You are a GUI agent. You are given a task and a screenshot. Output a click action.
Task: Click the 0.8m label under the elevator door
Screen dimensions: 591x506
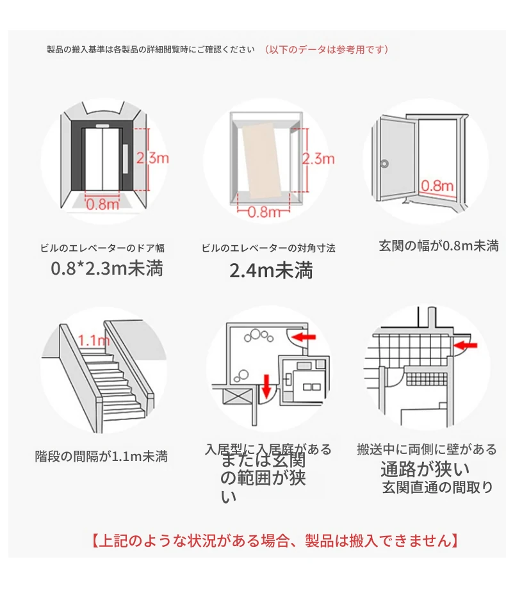tap(102, 204)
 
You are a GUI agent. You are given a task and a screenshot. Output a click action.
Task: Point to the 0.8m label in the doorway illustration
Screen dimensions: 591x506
tap(437, 186)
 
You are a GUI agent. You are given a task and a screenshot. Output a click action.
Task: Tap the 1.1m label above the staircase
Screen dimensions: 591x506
tap(94, 340)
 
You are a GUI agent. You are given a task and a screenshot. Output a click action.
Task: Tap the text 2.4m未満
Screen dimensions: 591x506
tap(271, 271)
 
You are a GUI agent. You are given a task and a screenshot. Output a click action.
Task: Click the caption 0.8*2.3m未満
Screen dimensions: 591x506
tap(107, 268)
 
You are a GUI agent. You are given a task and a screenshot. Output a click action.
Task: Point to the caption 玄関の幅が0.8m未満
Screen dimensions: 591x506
tap(438, 245)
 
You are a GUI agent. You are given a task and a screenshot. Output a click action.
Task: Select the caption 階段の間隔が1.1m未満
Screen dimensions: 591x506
tap(101, 457)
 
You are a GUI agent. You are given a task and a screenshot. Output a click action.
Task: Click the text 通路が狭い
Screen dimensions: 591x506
tap(425, 469)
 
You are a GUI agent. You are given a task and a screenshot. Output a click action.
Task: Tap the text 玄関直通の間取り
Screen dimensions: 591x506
tap(437, 487)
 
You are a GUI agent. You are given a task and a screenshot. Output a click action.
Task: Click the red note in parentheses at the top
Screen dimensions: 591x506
tap(326, 49)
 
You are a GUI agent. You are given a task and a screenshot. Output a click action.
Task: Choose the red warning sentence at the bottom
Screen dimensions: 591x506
tap(274, 540)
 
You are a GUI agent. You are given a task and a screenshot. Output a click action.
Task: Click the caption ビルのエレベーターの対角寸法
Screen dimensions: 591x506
tap(268, 248)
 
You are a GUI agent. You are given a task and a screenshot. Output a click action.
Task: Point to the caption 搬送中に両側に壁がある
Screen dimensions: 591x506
tap(427, 449)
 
